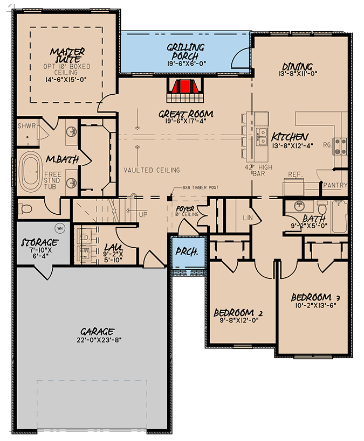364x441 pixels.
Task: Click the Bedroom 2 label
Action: [x=238, y=313]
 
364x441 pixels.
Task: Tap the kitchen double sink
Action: [x=263, y=137]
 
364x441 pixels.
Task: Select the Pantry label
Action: [x=335, y=185]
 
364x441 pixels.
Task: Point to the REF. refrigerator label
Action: [x=294, y=175]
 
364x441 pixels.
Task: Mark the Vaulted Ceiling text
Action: [x=152, y=170]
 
